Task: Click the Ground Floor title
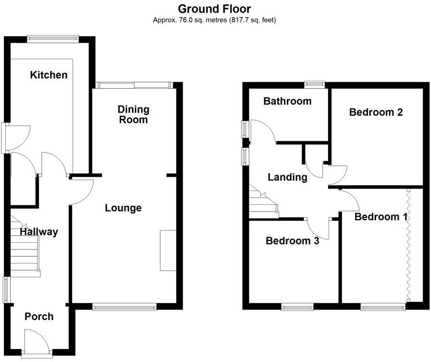coord(214,9)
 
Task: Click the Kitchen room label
coord(49,75)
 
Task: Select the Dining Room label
coord(134,114)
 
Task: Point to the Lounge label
coord(123,208)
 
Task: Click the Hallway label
coord(38,232)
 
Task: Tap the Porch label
coord(39,317)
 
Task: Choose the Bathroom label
coord(287,101)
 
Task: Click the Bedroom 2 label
coord(376,112)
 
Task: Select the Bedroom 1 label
coord(380,217)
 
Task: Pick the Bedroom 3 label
coord(292,241)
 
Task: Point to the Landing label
coord(287,177)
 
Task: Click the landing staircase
coord(263,202)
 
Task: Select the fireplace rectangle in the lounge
coord(168,250)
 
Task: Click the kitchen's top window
coord(53,38)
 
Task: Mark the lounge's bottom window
coord(125,306)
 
